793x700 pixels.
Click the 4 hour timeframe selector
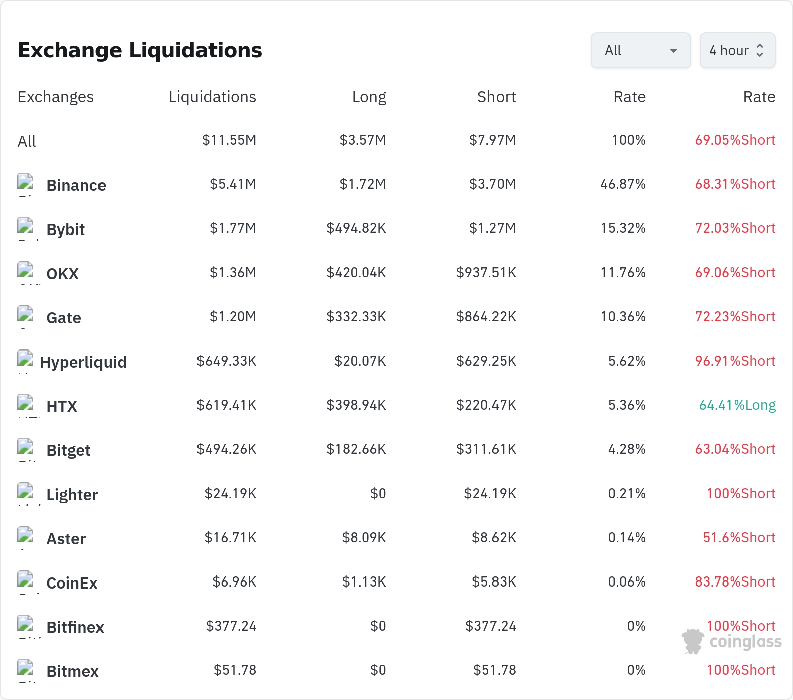coord(737,50)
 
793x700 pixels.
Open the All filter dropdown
coord(641,50)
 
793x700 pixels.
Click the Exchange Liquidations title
coord(140,50)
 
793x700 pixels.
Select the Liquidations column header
coord(212,97)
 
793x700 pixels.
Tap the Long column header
coord(369,97)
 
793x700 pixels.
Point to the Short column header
coord(497,97)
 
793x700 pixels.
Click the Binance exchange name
coord(76,185)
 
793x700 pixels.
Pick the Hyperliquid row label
coord(83,362)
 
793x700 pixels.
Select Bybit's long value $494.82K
coord(356,228)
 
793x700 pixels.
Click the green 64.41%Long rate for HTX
coord(737,405)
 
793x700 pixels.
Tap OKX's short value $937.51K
coord(486,273)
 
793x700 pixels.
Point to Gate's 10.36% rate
coord(623,317)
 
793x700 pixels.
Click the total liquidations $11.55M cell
coord(229,140)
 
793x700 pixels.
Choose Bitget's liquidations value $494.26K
coord(226,449)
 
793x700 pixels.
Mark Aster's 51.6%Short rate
coord(739,538)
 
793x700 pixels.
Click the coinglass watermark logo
coord(732,641)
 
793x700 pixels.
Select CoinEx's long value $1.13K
coord(364,582)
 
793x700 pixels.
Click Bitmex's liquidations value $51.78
coord(235,670)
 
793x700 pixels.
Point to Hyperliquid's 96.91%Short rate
coord(735,361)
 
